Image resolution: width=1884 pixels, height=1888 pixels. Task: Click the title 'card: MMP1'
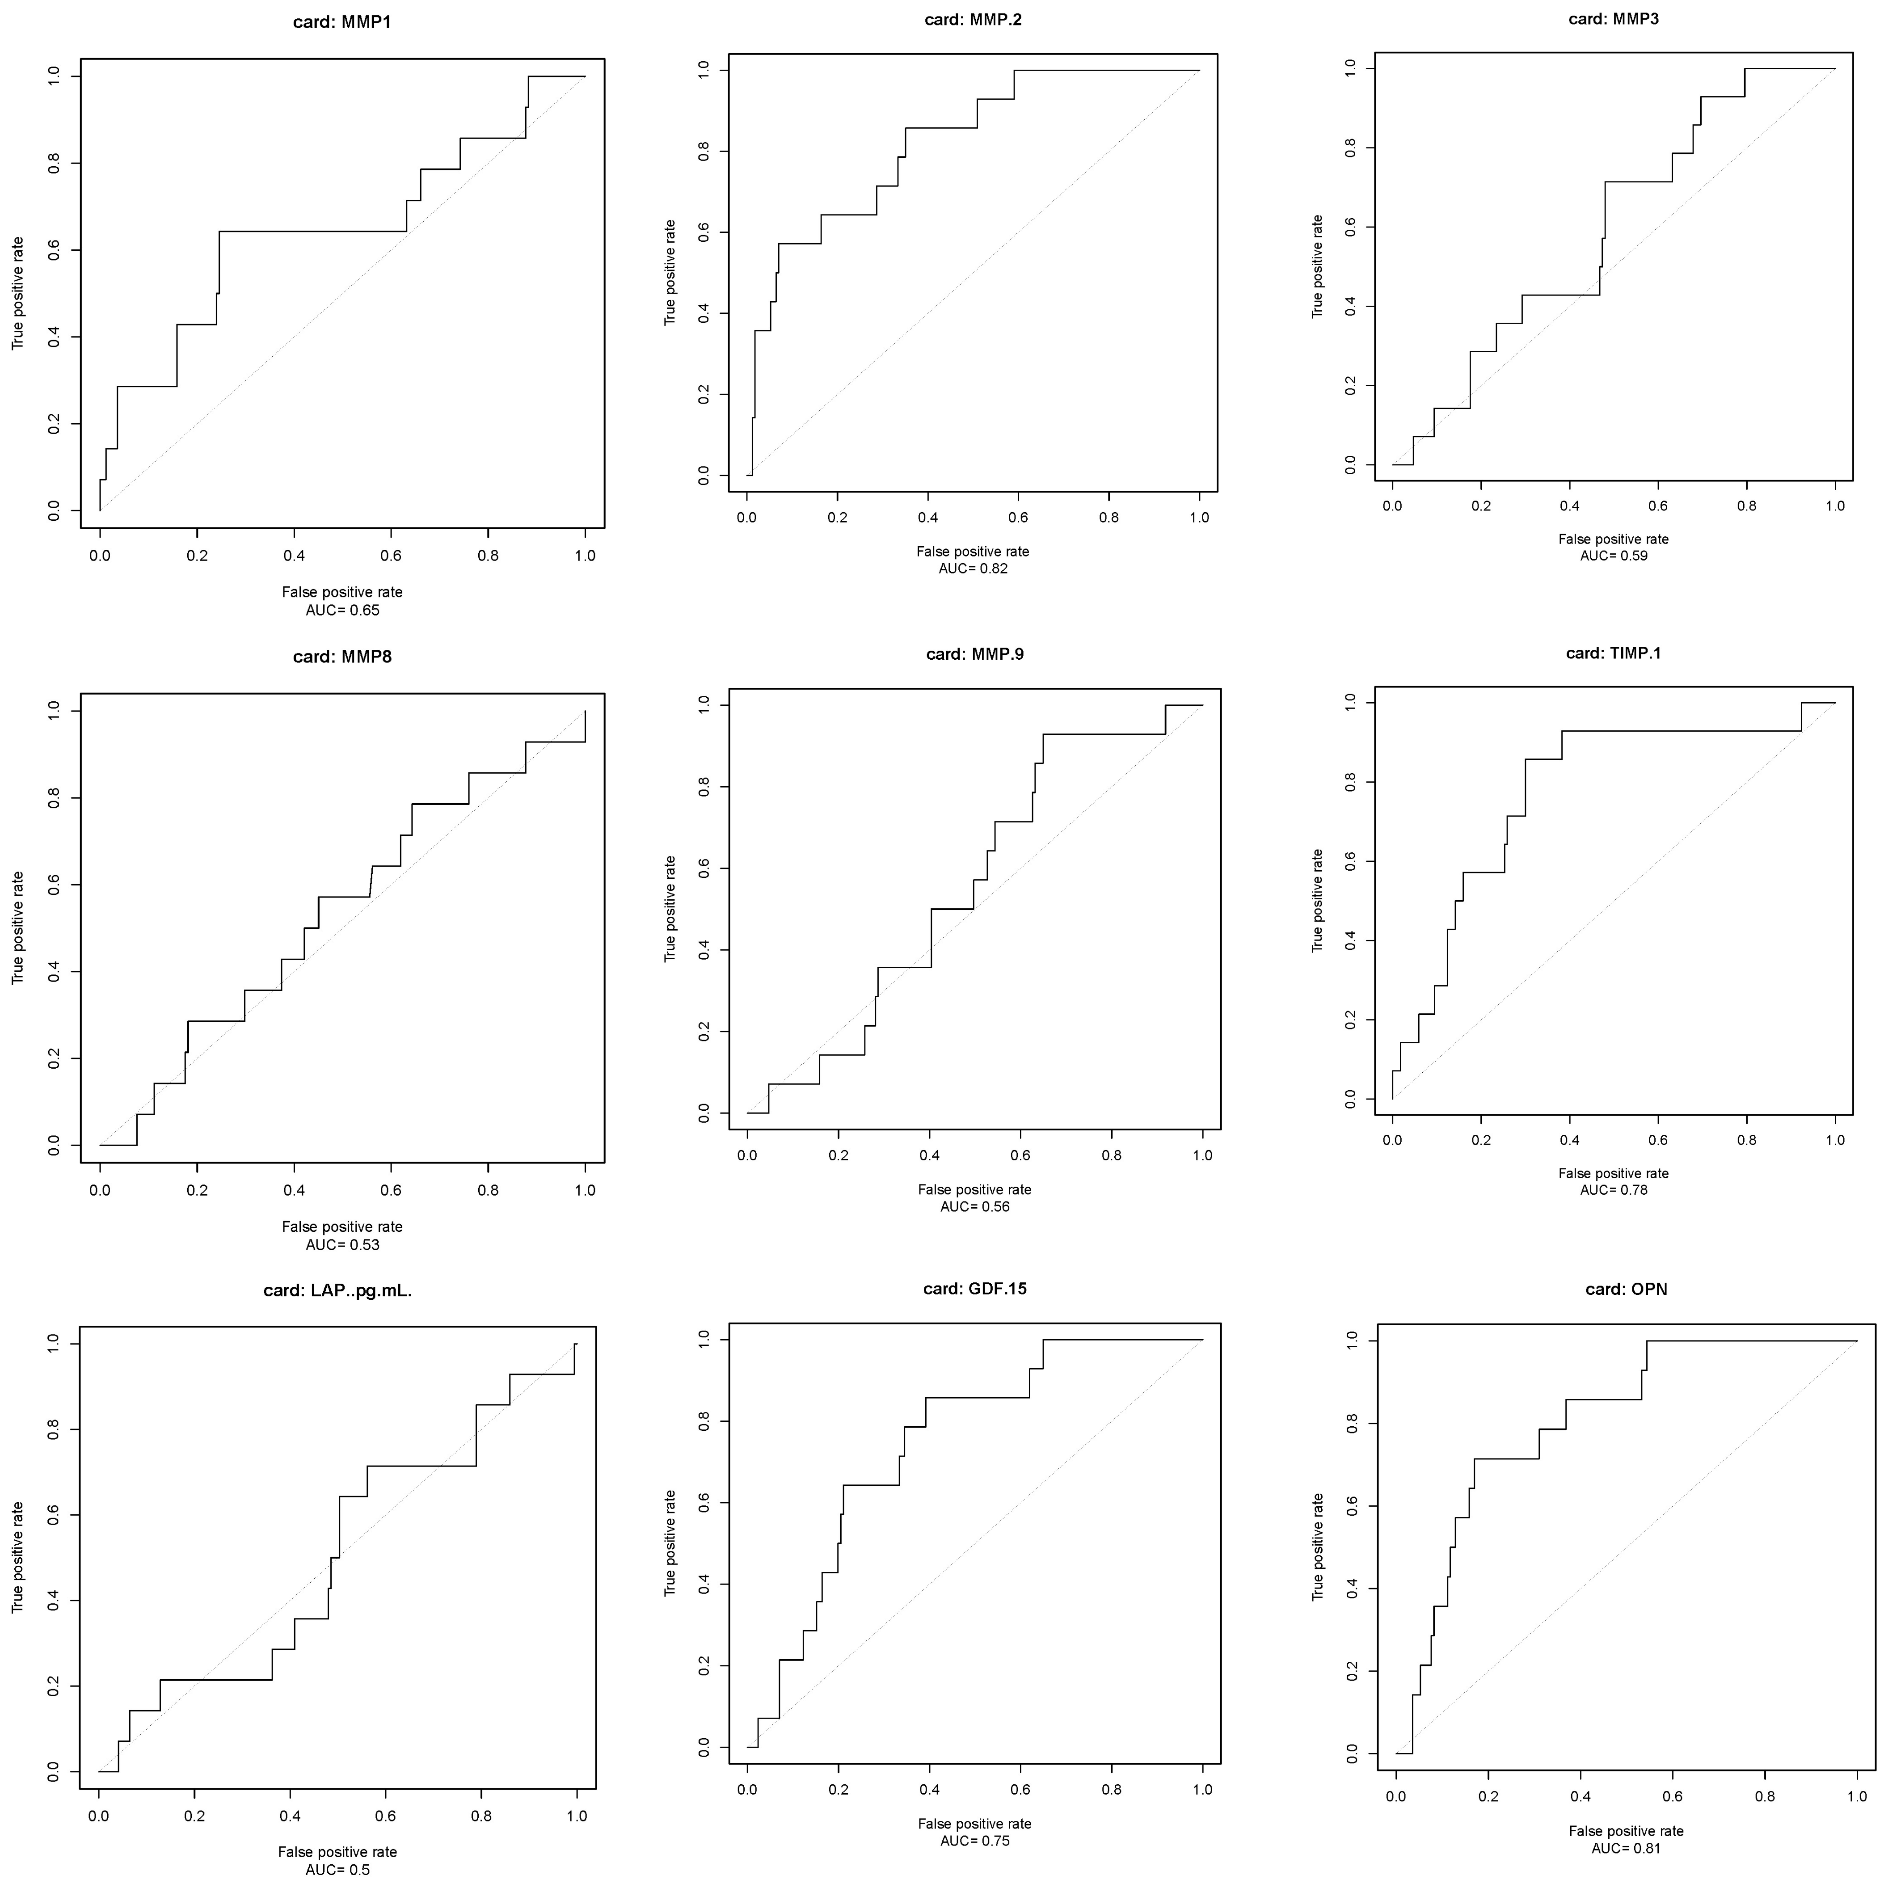tap(342, 21)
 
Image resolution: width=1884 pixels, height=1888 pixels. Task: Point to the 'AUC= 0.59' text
tap(1613, 556)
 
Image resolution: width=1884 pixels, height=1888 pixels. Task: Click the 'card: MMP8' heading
tap(342, 657)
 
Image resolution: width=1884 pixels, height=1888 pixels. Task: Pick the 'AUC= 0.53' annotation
tap(342, 1245)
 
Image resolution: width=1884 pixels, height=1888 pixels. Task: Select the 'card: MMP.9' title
tap(974, 654)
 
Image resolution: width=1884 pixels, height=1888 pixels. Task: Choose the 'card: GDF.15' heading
tap(974, 1289)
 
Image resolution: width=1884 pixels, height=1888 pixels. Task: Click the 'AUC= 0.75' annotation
tap(974, 1841)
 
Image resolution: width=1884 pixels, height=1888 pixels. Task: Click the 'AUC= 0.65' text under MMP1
tap(342, 610)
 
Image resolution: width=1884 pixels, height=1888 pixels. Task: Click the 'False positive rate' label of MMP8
tap(342, 1226)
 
